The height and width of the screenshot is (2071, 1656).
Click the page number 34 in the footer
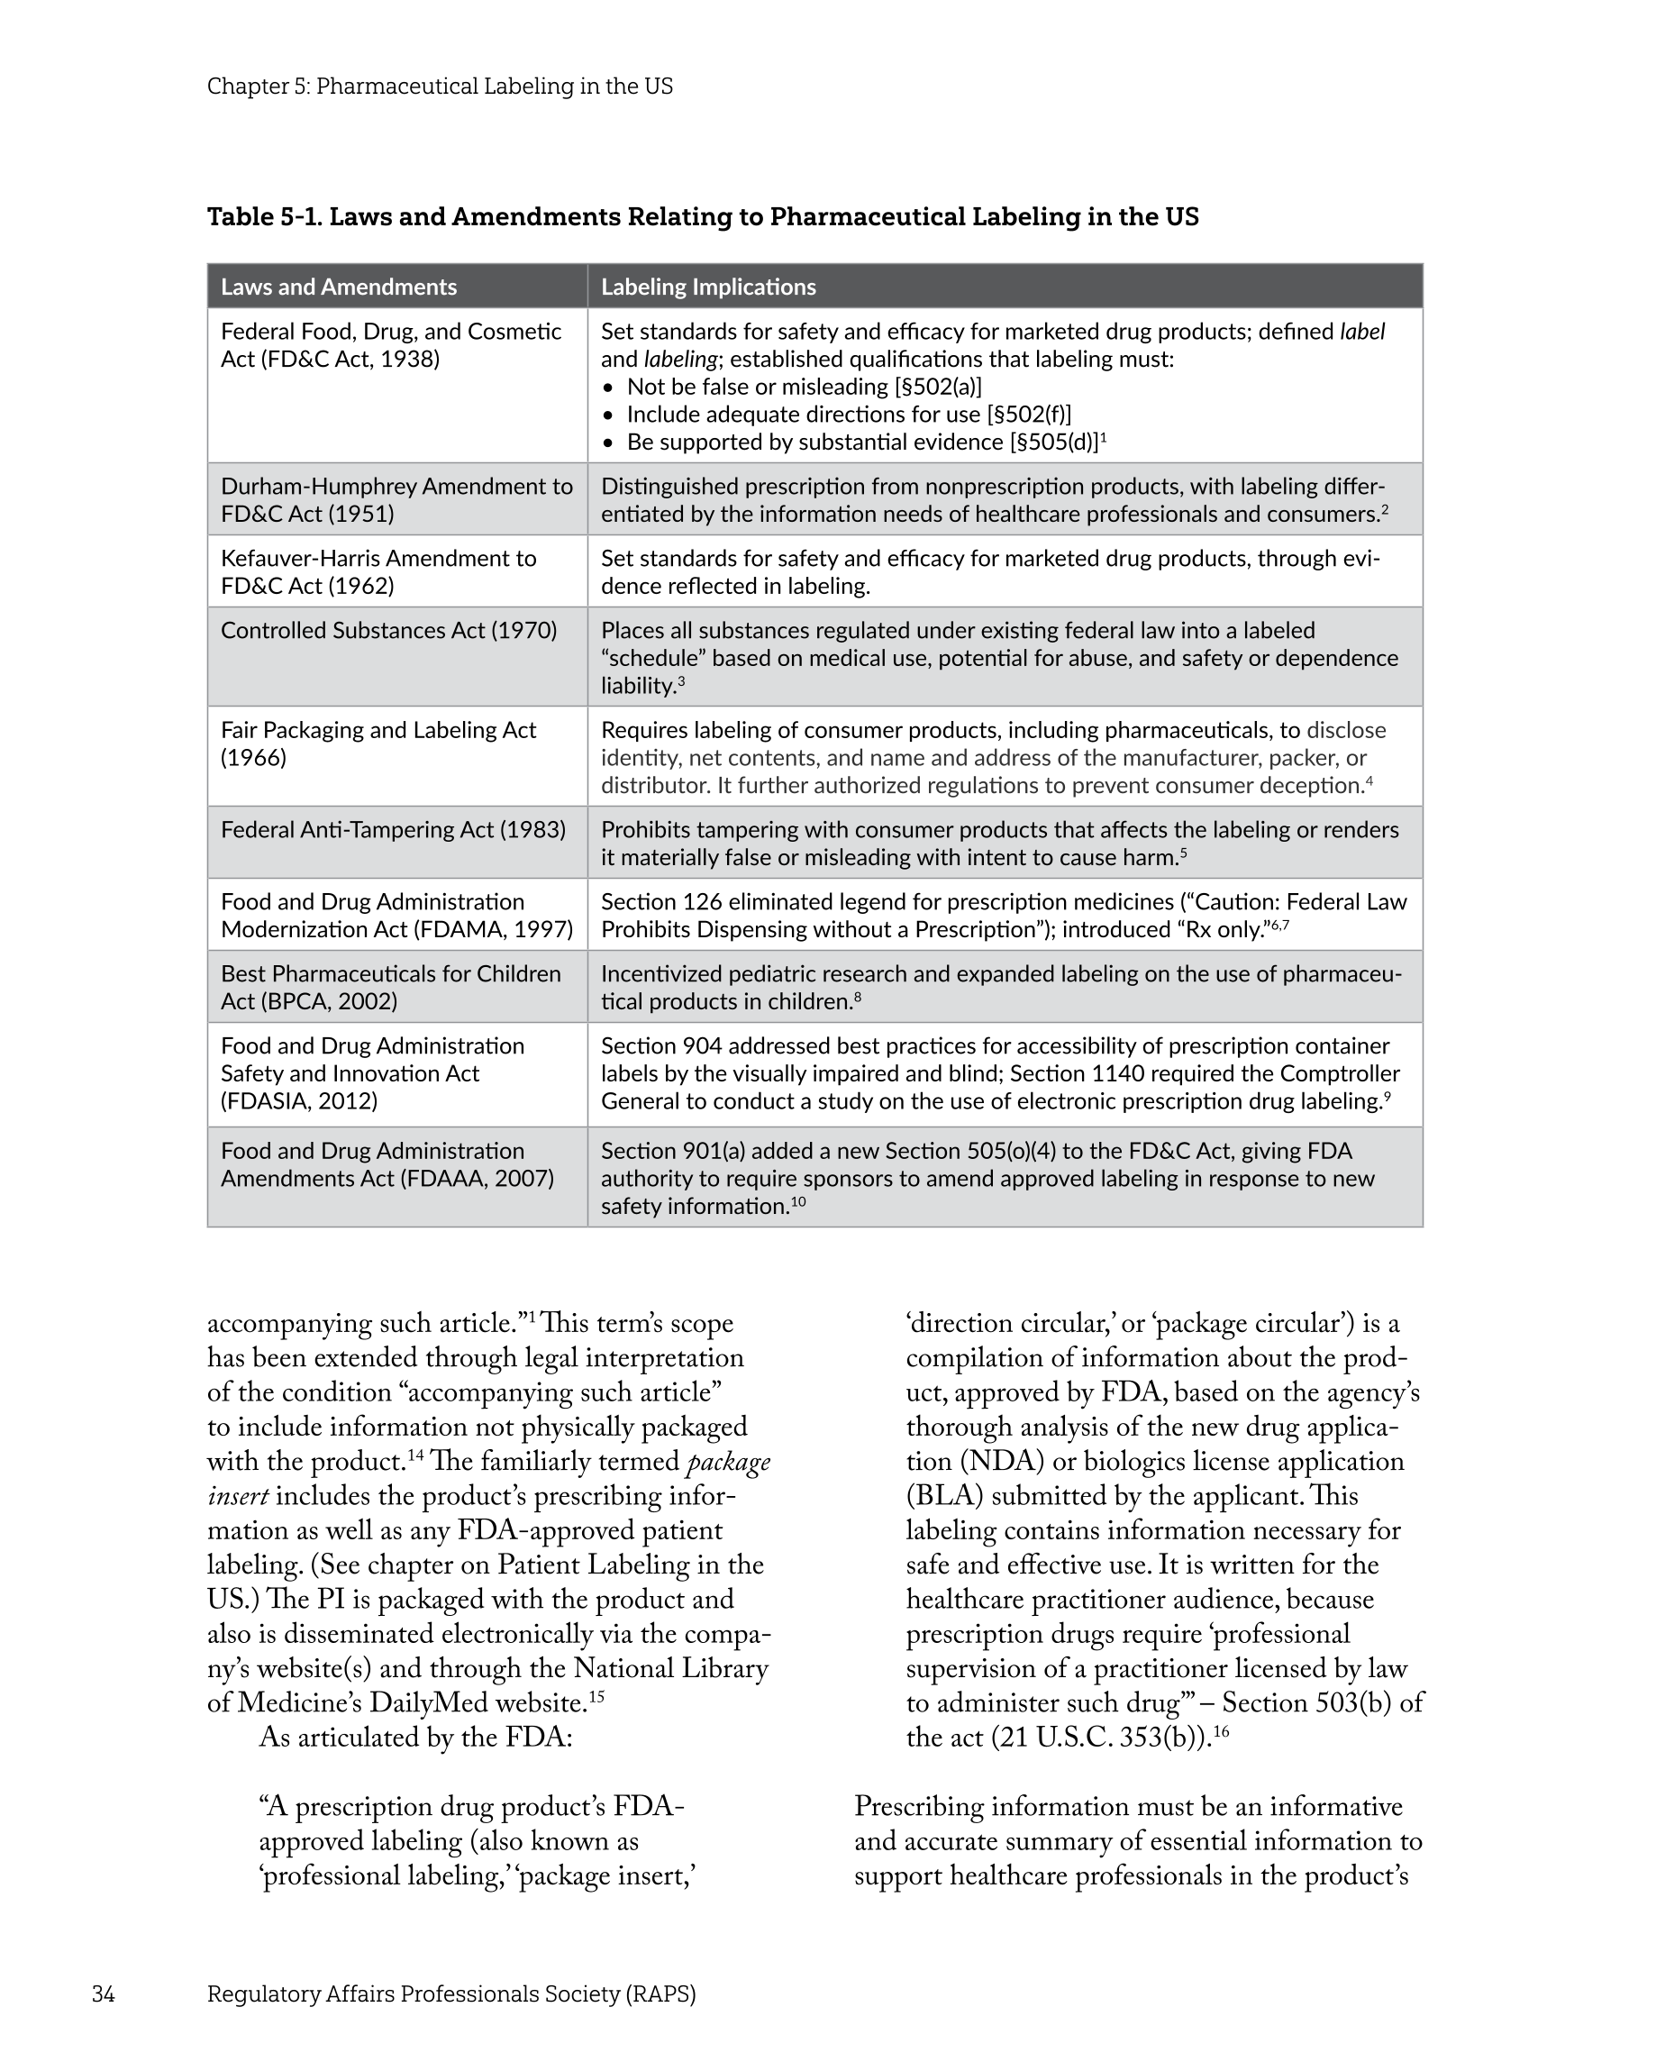[x=103, y=1993]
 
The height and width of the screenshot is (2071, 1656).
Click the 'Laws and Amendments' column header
[x=338, y=287]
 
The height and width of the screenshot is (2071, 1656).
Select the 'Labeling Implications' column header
[x=708, y=287]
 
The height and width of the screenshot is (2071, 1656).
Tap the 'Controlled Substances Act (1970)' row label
[x=388, y=630]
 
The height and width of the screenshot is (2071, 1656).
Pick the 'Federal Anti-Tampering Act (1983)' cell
[x=393, y=829]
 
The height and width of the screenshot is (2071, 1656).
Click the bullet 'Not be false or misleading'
[x=804, y=386]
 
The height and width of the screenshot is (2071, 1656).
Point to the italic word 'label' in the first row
[x=1361, y=332]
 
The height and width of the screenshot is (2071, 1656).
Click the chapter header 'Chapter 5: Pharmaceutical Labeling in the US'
[x=439, y=87]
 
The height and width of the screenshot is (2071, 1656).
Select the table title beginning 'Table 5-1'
[x=702, y=216]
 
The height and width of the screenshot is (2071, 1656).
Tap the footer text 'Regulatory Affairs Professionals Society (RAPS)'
[x=450, y=1993]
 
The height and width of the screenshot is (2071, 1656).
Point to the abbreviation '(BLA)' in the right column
[x=944, y=1496]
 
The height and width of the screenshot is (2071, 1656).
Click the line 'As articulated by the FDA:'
[x=415, y=1738]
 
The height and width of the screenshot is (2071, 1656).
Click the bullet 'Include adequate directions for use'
[x=848, y=414]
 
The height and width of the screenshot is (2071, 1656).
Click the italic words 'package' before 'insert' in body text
[x=728, y=1461]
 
